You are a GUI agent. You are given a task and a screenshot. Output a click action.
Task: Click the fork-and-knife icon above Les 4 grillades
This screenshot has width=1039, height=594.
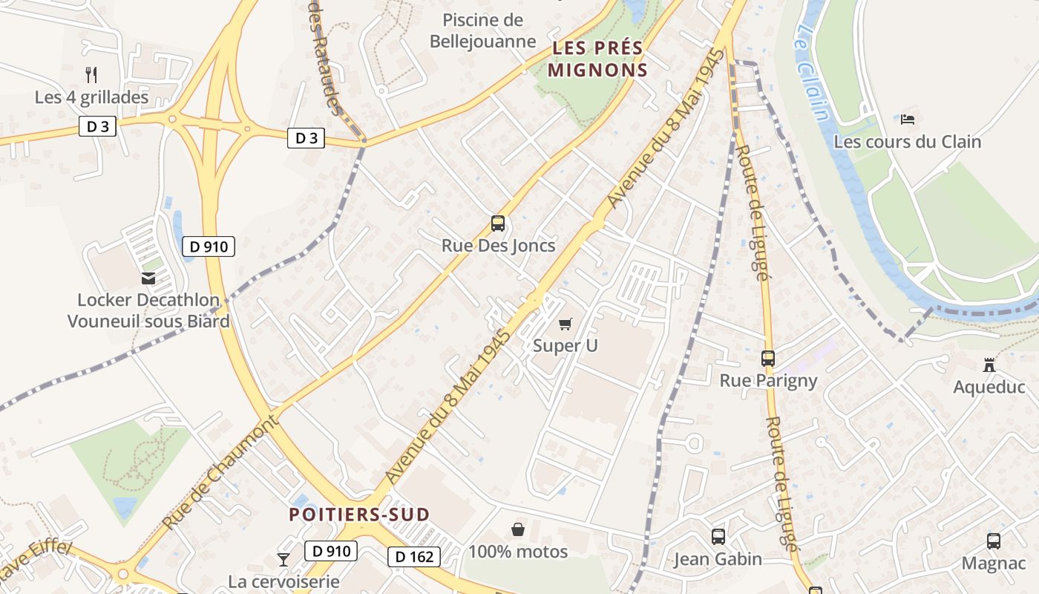coord(91,74)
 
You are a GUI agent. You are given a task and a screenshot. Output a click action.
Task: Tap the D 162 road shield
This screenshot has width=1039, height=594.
coord(414,556)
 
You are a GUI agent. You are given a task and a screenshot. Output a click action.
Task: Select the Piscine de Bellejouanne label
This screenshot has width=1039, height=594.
coord(482,30)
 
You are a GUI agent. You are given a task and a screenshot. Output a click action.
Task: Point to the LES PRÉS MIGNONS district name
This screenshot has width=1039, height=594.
coord(599,59)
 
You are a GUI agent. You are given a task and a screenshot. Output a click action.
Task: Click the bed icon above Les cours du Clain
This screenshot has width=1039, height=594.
coord(908,119)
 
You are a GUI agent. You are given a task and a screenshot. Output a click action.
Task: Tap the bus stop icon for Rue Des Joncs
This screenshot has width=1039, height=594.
coord(498,223)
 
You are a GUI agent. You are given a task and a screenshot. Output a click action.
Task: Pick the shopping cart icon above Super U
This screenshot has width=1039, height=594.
coord(566,324)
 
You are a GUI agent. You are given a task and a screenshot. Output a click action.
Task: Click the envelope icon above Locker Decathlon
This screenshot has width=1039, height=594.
coord(148,278)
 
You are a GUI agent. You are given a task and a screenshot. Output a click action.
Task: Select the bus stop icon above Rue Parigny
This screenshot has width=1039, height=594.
coord(768,359)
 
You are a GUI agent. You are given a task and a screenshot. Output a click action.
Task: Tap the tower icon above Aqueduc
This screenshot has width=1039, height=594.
coord(989,365)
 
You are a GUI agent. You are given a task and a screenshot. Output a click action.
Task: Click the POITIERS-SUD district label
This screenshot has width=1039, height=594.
coord(359,515)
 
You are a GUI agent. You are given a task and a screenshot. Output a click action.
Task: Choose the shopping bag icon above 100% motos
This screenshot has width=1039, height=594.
coord(518,529)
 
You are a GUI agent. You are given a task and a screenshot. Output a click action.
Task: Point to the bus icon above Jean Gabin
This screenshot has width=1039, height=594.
coord(718,536)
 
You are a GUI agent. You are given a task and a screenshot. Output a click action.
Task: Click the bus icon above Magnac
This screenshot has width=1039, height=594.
coord(994,541)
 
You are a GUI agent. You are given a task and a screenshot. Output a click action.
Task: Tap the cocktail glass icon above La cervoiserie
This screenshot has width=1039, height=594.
coord(283,559)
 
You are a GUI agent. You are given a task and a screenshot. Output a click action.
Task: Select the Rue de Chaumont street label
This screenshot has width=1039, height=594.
coord(220,474)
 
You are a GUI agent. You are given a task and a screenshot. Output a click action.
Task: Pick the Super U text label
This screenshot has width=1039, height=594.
coord(566,345)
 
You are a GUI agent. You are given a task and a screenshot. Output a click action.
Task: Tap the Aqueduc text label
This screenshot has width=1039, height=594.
coord(989,387)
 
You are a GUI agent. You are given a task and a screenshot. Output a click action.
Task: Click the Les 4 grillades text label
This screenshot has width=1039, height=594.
coord(92,97)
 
